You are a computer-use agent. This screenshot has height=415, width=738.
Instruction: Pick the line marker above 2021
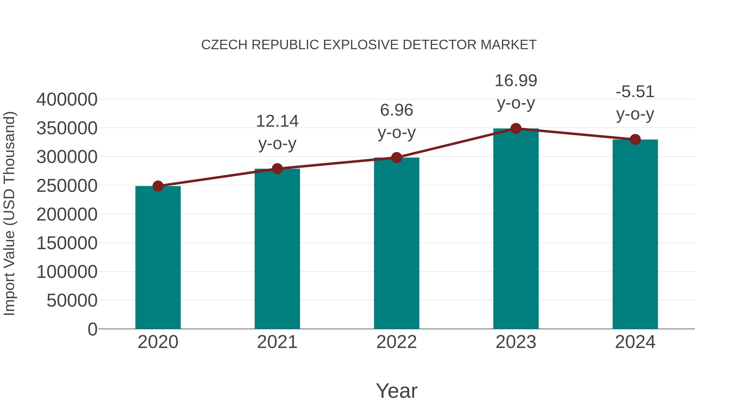click(277, 169)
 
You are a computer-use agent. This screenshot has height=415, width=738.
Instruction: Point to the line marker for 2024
click(635, 140)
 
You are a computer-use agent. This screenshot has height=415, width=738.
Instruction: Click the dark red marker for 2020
click(158, 186)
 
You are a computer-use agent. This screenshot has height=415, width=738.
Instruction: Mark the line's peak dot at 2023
click(516, 128)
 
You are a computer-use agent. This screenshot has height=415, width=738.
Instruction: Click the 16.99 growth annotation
click(516, 81)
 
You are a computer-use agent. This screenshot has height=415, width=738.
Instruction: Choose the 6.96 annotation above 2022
click(396, 110)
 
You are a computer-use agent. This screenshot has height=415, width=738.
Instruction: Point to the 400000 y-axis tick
click(67, 100)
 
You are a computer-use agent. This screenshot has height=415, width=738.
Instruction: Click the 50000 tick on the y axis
click(72, 300)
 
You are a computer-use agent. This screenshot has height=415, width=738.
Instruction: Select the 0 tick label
click(92, 329)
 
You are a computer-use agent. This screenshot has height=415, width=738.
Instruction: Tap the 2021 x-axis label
click(277, 342)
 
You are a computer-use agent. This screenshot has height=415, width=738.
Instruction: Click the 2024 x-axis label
click(635, 342)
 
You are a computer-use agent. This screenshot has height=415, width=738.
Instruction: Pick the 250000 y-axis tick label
click(67, 186)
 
